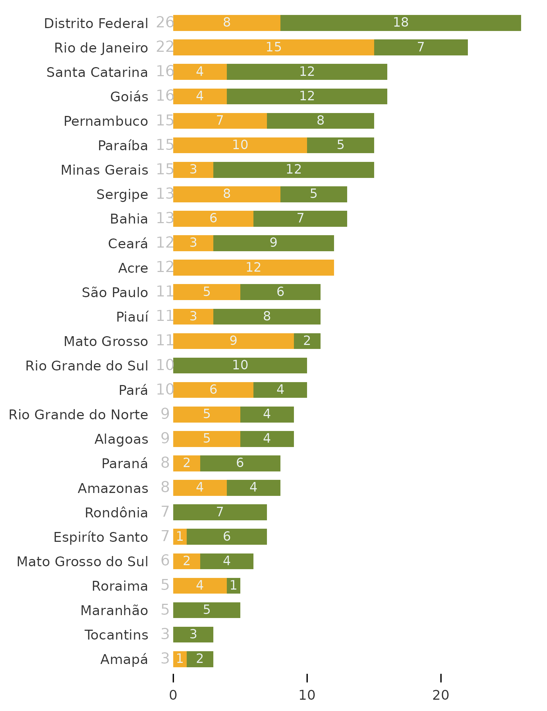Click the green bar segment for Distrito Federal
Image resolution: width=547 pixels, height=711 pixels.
click(x=400, y=23)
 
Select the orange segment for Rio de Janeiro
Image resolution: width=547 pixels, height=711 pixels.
click(x=273, y=47)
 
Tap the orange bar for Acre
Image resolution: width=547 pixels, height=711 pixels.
click(x=253, y=268)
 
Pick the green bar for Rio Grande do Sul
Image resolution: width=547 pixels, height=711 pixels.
click(x=240, y=365)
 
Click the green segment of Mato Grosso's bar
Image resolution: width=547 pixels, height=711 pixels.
click(x=307, y=341)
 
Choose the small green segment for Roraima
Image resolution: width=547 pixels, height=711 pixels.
click(x=233, y=586)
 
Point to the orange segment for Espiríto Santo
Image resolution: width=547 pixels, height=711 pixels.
click(x=180, y=537)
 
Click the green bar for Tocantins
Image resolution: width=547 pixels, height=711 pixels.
click(x=193, y=634)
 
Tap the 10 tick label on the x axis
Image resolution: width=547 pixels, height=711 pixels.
click(x=307, y=695)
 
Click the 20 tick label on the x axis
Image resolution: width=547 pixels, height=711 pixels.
click(x=441, y=695)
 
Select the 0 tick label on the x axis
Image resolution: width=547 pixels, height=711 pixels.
click(x=173, y=695)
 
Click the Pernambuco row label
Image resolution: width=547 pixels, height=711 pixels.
click(x=106, y=121)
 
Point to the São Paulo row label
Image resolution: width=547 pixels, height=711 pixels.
click(x=115, y=292)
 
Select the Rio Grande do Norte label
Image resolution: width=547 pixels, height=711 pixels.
click(x=78, y=415)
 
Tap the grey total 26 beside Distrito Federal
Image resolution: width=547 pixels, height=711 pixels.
click(x=165, y=23)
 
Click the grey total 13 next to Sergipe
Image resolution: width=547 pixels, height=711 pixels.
click(x=165, y=194)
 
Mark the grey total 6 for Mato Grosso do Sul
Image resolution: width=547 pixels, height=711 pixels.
click(x=165, y=561)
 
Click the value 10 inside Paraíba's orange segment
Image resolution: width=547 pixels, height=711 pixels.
click(x=240, y=145)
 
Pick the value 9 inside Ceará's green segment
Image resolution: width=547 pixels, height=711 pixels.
click(x=273, y=243)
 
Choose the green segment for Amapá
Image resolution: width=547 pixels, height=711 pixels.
click(x=200, y=659)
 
